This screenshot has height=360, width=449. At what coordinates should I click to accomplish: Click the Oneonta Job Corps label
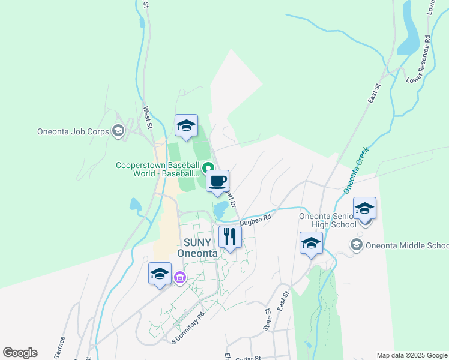(x=73, y=131)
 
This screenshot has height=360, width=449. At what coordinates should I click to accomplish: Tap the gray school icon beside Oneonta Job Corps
(x=118, y=131)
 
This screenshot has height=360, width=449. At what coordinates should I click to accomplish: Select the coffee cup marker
(x=217, y=181)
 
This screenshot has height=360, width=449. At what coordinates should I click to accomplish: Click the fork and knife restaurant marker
(x=230, y=236)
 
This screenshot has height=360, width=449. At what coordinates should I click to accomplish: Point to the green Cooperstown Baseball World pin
(x=208, y=167)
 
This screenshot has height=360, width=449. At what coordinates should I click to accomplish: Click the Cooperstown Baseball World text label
(x=158, y=169)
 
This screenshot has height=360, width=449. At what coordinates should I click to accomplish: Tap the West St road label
(x=146, y=118)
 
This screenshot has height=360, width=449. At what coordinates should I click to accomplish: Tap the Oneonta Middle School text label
(x=408, y=245)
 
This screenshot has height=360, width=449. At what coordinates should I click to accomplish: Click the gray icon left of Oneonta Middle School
(x=357, y=245)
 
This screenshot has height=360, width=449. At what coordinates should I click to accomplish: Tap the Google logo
(x=20, y=353)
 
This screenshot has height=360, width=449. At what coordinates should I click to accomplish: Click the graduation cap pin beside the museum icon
(x=160, y=274)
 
